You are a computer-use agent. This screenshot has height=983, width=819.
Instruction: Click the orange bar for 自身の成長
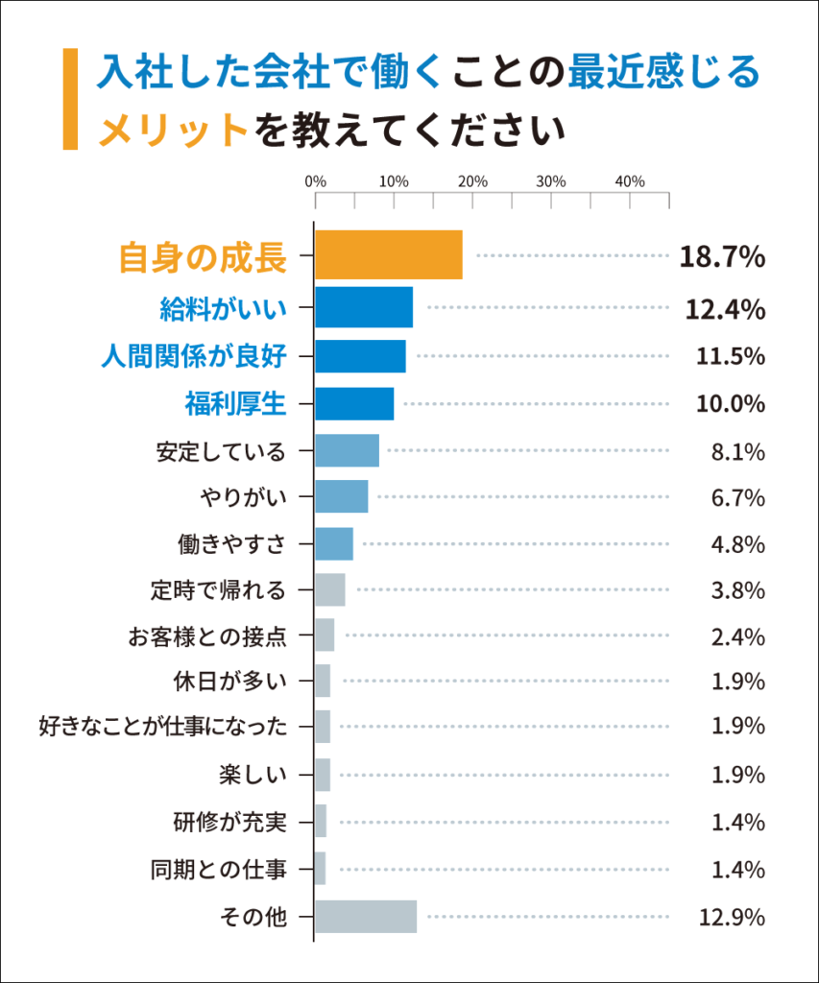tap(388, 255)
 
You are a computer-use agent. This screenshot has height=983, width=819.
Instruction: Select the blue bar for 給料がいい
tap(363, 307)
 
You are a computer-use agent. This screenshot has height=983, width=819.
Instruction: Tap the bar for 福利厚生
tap(353, 403)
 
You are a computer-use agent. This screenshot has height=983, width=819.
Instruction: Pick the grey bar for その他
tap(365, 917)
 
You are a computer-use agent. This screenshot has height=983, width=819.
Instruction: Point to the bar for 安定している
tap(347, 450)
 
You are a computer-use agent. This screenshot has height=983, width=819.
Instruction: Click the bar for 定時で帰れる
tap(329, 589)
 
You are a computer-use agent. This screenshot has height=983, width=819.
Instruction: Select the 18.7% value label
tap(722, 257)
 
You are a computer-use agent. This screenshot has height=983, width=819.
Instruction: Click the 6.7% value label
tap(737, 497)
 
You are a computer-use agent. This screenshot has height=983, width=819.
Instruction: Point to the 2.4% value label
tap(737, 636)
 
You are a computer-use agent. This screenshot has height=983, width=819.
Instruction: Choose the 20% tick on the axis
tap(472, 181)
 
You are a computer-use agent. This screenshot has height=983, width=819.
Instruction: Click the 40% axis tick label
tap(629, 181)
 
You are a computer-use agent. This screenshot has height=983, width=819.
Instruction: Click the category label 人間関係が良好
tap(194, 356)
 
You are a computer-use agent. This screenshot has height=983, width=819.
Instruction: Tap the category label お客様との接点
tap(207, 635)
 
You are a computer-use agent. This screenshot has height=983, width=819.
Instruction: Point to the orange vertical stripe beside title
tap(69, 100)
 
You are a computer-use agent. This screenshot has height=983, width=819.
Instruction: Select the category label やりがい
tap(244, 497)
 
